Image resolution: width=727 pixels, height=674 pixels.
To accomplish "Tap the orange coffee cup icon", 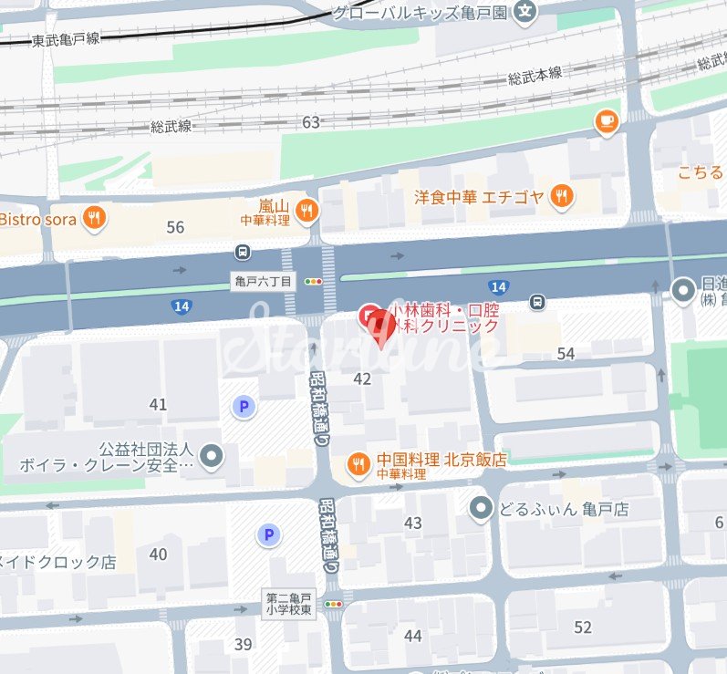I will click(606, 121).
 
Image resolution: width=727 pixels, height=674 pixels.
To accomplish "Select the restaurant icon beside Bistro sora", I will click(93, 218).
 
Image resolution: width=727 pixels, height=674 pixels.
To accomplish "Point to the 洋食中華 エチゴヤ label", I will click(479, 196).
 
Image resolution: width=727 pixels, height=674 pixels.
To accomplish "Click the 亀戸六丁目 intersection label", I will click(262, 283).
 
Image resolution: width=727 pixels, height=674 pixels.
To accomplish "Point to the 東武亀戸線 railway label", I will click(66, 39).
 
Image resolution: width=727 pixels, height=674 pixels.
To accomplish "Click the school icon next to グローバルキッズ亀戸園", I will click(525, 11).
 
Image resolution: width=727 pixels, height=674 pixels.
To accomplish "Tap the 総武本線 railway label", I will click(535, 73).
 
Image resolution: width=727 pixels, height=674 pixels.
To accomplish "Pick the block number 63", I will click(311, 122).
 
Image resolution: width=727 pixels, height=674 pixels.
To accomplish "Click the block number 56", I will click(175, 227).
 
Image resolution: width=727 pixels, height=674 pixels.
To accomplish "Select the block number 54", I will click(566, 354).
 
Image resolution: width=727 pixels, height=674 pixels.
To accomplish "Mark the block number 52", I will click(583, 627).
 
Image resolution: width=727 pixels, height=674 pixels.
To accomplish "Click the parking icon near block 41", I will click(244, 407).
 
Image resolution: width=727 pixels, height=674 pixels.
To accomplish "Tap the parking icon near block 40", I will click(268, 535).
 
